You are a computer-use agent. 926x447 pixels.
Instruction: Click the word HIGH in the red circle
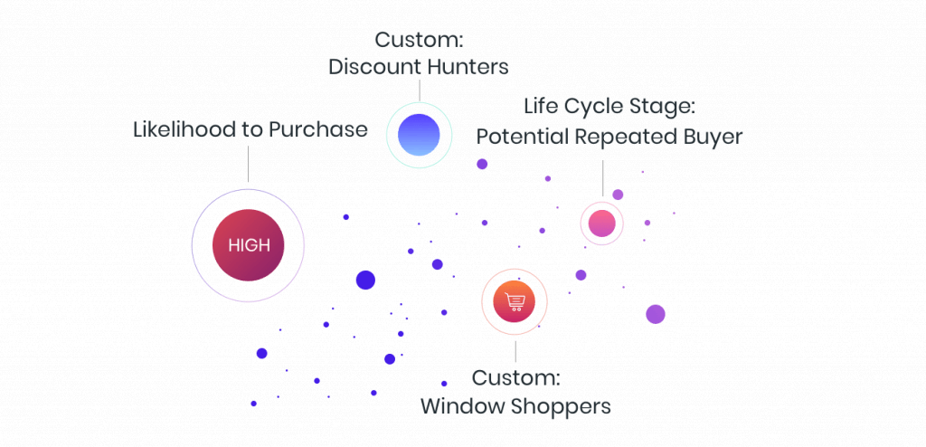click(x=248, y=245)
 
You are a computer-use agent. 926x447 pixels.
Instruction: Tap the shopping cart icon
click(x=515, y=301)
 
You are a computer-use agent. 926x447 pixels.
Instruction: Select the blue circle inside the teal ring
click(x=419, y=136)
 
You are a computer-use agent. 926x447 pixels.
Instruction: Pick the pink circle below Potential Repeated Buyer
click(x=601, y=223)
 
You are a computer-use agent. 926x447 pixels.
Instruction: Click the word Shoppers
click(x=562, y=406)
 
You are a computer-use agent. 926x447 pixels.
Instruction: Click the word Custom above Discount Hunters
click(x=419, y=40)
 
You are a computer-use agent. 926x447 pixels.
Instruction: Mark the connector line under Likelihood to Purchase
click(x=248, y=164)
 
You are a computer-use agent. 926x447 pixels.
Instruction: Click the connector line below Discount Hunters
click(x=419, y=90)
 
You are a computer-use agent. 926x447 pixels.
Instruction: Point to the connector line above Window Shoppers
click(x=515, y=351)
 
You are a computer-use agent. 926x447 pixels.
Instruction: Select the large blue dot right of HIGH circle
click(x=365, y=280)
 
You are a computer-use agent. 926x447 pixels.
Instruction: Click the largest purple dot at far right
click(x=656, y=314)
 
